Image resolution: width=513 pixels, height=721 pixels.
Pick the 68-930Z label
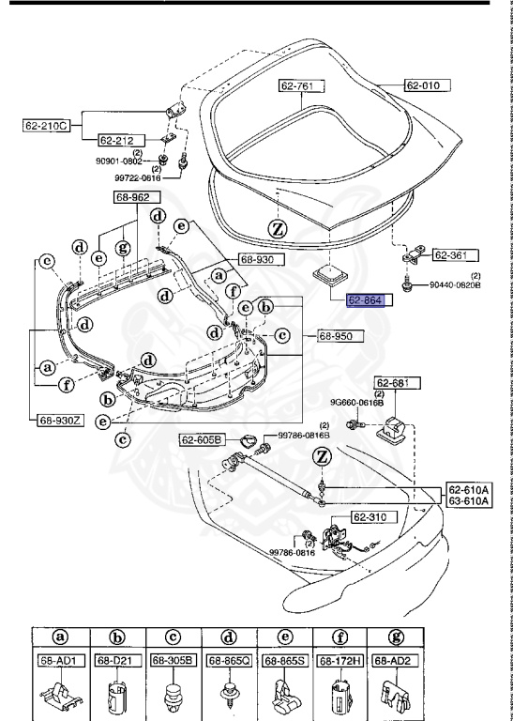click(x=60, y=420)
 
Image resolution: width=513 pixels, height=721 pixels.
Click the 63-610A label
click(x=466, y=502)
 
